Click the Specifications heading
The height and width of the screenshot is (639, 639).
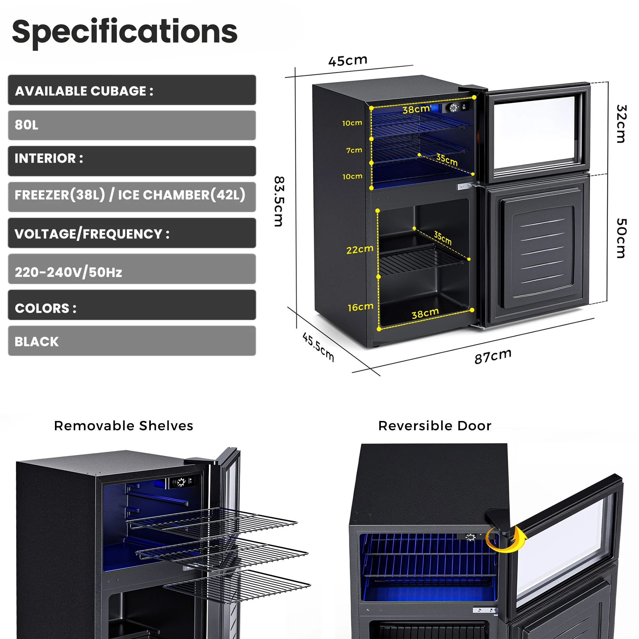tap(125, 32)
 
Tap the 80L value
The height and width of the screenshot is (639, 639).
tap(27, 125)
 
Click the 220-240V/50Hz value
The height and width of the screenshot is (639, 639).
tap(68, 272)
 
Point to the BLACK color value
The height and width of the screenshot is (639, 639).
tap(36, 341)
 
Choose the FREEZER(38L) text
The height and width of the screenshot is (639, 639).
tap(60, 195)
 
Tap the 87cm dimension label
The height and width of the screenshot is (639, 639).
tap(492, 356)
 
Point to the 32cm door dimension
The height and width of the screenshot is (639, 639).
tap(621, 124)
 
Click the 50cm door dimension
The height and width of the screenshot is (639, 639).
tap(621, 238)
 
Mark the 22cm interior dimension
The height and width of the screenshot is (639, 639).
tap(359, 250)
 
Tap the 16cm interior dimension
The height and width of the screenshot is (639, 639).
tap(360, 307)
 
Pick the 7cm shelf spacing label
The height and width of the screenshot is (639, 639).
tap(354, 150)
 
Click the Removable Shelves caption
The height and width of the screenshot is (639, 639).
tap(123, 426)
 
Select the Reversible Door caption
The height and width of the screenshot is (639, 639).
tap(435, 426)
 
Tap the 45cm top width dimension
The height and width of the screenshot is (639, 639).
tap(348, 60)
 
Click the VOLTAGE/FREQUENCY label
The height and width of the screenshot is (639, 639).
tap(92, 234)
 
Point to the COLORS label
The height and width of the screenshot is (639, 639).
tap(46, 308)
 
